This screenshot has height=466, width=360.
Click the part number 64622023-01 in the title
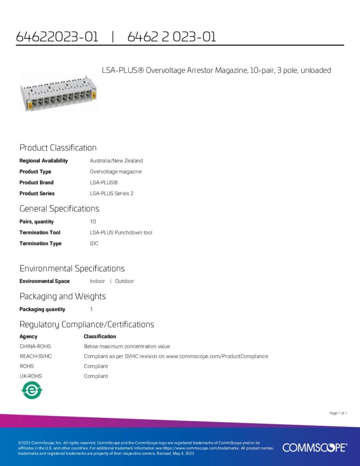coord(57,37)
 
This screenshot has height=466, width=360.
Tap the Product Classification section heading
coord(58,148)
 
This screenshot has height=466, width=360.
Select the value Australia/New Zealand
coord(116,161)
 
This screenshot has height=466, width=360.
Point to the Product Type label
coord(35,172)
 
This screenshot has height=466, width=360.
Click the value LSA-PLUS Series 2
coord(112,193)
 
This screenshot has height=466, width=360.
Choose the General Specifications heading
coord(59,209)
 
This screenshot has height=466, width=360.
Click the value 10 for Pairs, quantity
coord(93,222)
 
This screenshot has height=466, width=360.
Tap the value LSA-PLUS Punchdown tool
coord(121,233)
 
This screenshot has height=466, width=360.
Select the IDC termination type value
coord(94,243)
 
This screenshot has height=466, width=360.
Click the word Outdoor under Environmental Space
coord(124,281)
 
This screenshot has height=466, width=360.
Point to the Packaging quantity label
coord(42,309)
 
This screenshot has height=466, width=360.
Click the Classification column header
coord(100,337)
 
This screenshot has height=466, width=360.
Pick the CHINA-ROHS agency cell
coord(35,346)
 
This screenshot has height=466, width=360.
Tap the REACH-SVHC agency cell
coord(35,356)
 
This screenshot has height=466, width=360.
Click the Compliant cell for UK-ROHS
coord(96,376)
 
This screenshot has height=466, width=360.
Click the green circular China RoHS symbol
coord(32,390)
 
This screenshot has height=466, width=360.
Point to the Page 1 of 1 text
coord(338,413)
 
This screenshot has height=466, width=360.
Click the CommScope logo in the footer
coord(314,447)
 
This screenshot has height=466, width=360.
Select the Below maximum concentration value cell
coord(127,346)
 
